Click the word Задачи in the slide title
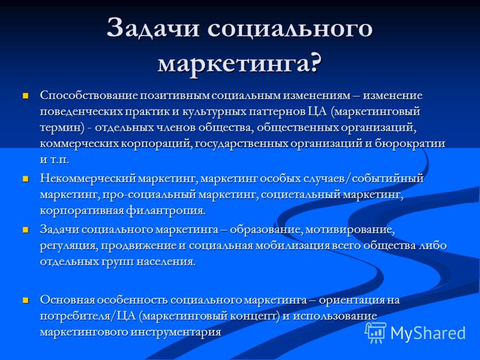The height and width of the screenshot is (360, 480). click(153, 28)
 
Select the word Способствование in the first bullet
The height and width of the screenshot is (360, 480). click(89, 95)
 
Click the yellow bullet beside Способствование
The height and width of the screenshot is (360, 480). click(25, 96)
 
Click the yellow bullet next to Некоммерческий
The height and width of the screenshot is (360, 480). click(25, 178)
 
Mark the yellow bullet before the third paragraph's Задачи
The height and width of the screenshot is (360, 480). click(25, 230)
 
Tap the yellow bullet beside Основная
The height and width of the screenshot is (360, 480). click(25, 300)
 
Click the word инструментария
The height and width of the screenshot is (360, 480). click(176, 332)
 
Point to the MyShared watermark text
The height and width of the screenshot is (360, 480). click(428, 333)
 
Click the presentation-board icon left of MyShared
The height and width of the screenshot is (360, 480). click(376, 333)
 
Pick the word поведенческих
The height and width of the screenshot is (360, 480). click(82, 111)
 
